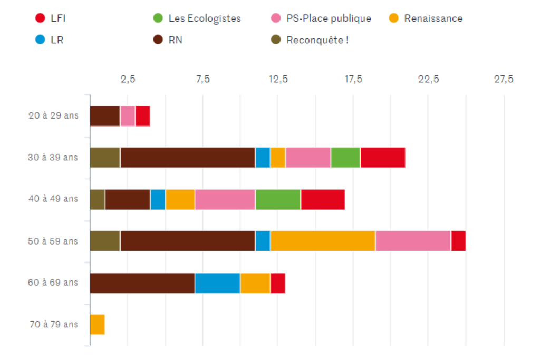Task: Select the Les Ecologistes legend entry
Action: click(197, 18)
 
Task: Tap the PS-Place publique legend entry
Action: click(321, 18)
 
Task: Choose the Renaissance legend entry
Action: click(426, 18)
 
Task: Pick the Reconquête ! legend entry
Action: click(310, 40)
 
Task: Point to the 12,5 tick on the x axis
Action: click(278, 79)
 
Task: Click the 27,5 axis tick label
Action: click(503, 79)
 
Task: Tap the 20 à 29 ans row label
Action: click(53, 115)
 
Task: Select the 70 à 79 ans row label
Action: click(53, 324)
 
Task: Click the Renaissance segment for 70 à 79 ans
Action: click(98, 324)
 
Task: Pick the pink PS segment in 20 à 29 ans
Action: click(128, 116)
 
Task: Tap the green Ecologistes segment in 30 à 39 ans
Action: click(345, 158)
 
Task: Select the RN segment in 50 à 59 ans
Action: click(188, 241)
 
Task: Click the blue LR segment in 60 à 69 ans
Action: click(217, 283)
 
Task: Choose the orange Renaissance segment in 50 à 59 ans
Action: click(323, 241)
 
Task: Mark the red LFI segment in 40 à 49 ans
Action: click(323, 199)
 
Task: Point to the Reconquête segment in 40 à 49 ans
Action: click(98, 199)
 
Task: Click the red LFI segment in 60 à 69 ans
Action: click(278, 283)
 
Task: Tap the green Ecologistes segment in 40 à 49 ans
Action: click(278, 199)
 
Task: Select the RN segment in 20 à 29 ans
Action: click(105, 116)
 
